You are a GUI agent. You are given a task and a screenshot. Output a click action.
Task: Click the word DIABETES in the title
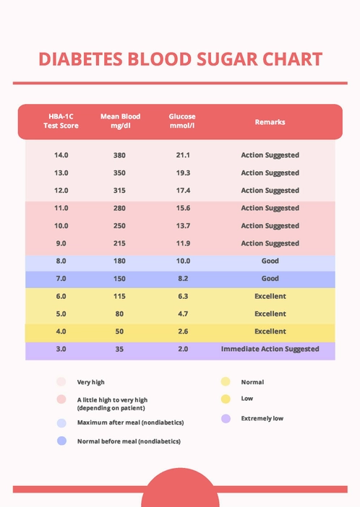80,59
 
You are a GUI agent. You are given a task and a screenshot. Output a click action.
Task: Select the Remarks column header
270,122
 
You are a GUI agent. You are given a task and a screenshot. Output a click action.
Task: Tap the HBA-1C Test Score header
61,121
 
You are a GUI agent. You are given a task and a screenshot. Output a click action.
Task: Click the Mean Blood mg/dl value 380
120,155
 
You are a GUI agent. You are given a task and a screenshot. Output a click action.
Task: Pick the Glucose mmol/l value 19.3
183,173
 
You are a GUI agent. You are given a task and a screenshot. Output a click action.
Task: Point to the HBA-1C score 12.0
61,191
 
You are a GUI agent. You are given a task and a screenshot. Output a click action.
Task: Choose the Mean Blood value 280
120,208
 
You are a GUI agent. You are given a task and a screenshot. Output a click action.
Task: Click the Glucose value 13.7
183,226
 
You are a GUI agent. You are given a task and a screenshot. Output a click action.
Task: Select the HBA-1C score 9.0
61,243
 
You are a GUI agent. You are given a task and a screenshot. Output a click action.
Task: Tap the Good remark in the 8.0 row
270,261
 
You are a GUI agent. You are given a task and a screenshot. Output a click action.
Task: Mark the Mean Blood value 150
120,279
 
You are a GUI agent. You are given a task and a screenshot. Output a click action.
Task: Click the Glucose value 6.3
183,296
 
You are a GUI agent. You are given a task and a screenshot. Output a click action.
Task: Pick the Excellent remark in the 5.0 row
270,314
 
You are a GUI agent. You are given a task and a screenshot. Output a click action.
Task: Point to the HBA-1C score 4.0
61,331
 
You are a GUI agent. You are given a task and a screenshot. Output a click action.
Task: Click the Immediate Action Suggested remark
270,349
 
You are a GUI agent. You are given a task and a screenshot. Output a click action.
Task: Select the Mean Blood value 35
120,349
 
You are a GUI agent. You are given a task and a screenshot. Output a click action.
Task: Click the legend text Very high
90,382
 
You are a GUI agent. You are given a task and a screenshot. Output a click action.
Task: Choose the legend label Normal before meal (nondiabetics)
129,441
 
